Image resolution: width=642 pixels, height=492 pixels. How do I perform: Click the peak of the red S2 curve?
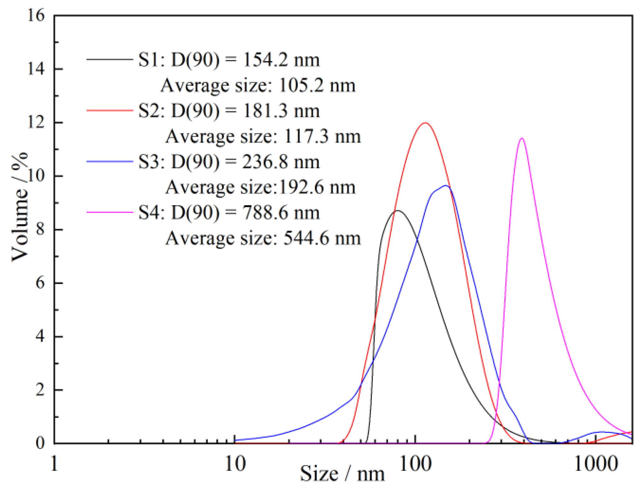(x=425, y=123)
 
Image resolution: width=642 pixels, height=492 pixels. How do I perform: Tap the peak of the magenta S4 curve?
(x=521, y=138)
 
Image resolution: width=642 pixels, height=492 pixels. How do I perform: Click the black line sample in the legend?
(x=110, y=59)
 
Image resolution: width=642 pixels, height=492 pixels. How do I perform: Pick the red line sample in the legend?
(x=110, y=110)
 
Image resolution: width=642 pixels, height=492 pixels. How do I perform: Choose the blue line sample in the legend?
(x=110, y=161)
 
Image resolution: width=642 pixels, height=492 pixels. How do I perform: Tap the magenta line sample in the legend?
(x=110, y=212)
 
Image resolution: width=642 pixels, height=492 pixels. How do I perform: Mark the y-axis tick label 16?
(x=36, y=15)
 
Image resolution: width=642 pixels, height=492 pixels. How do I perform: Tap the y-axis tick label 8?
(x=40, y=229)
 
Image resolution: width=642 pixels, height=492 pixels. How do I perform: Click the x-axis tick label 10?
(x=235, y=464)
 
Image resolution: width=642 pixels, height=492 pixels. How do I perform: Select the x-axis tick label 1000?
(x=596, y=464)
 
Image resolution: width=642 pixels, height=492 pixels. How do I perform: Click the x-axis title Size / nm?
(x=342, y=474)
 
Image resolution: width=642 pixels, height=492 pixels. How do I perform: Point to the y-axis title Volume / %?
(x=20, y=207)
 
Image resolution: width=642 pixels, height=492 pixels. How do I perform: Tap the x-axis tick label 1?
(x=54, y=464)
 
